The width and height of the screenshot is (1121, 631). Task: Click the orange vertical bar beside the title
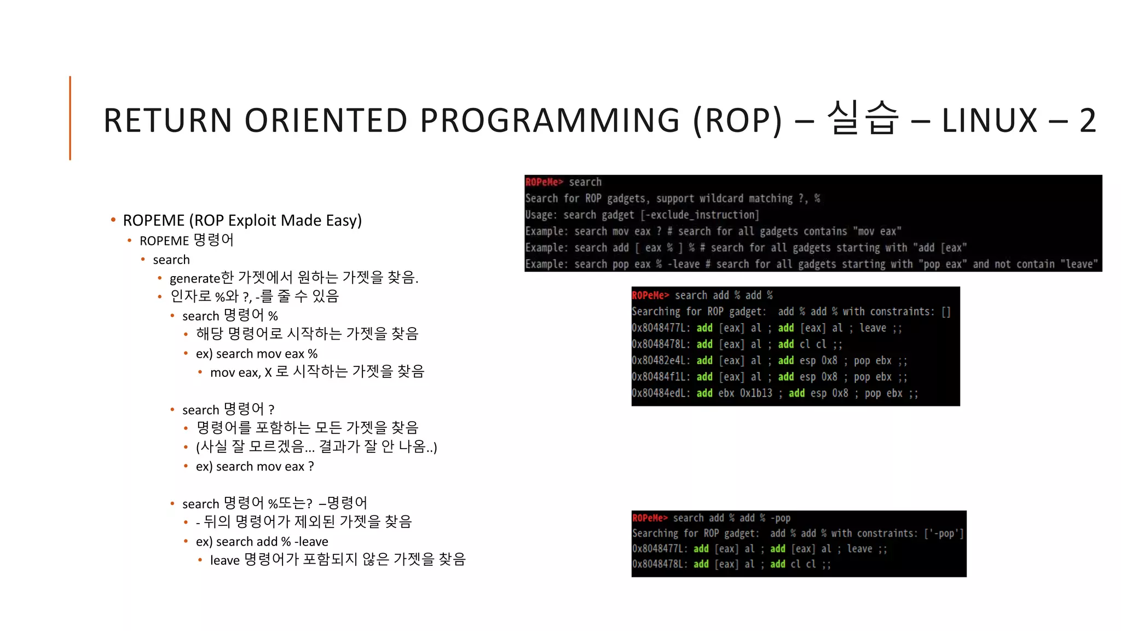pyautogui.click(x=70, y=118)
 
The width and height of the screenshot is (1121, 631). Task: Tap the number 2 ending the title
pyautogui.click(x=1087, y=120)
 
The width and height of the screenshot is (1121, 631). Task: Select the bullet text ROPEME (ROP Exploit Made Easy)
pyautogui.click(x=242, y=220)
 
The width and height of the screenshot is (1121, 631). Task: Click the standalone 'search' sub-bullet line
pyautogui.click(x=171, y=260)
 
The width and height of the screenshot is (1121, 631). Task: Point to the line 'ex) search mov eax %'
pyautogui.click(x=256, y=354)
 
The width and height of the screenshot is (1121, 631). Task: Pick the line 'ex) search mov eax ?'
pyautogui.click(x=255, y=467)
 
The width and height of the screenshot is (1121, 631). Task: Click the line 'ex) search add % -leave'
pyautogui.click(x=262, y=542)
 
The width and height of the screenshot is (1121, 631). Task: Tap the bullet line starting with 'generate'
pyautogui.click(x=293, y=278)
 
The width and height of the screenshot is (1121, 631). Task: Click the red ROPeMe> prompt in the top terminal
pyautogui.click(x=544, y=182)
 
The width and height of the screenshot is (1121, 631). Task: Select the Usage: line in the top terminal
pyautogui.click(x=642, y=215)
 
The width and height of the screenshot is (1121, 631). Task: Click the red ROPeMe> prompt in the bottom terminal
pyautogui.click(x=650, y=518)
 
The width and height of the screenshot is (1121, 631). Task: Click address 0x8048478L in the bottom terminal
pyautogui.click(x=659, y=564)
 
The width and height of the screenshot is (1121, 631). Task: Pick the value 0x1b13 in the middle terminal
pyautogui.click(x=756, y=393)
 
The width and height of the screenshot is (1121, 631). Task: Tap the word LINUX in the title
pyautogui.click(x=989, y=120)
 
